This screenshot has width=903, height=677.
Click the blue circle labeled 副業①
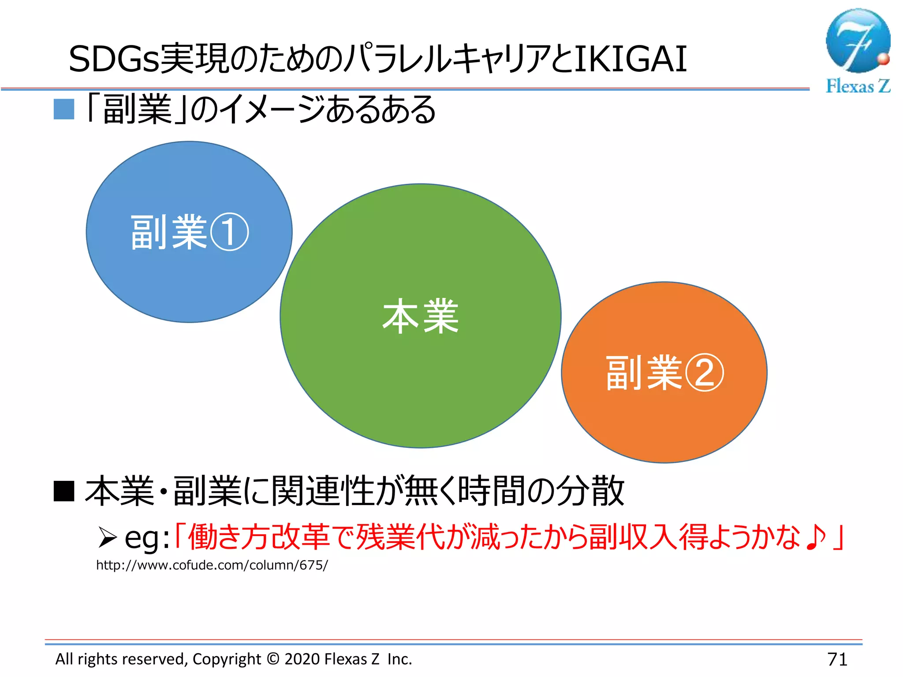189,273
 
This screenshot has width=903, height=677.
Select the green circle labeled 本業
420,375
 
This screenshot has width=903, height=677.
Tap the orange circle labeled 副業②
664,419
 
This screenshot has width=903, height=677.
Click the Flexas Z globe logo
857,41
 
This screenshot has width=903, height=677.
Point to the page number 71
837,659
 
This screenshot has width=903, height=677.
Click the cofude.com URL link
212,565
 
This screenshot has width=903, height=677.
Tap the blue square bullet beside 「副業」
64,109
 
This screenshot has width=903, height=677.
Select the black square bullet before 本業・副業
64,491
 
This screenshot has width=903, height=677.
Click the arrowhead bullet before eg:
107,537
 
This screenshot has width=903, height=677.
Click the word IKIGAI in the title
631,59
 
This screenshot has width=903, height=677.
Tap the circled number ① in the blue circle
229,232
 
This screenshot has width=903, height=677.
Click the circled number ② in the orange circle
704,373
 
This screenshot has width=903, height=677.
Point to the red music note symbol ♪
816,537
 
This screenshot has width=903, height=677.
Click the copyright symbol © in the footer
273,659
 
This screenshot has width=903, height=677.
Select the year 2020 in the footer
302,659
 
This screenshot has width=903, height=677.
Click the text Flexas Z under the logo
858,86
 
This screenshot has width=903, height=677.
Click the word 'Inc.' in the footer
399,659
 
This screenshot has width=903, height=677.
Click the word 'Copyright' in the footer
227,659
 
